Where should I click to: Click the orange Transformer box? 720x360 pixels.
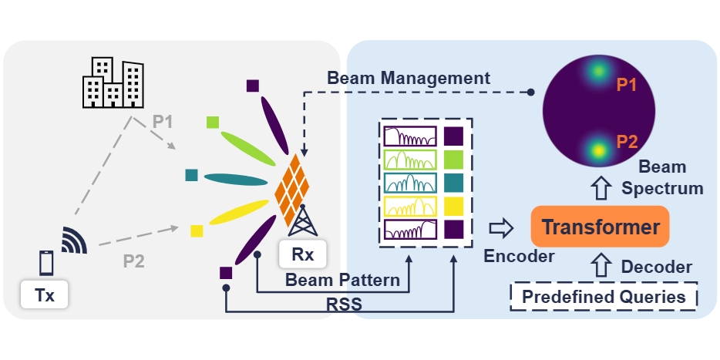pos(600,227)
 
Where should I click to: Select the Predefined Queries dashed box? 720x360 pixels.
pos(603,297)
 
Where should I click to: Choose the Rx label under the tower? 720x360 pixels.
pos(303,253)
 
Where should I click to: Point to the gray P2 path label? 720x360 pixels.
pos(134,261)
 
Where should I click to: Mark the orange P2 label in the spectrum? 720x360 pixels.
pos(626,142)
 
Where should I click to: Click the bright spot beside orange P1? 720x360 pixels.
pos(596,72)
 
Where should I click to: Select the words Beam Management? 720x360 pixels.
pos(409,78)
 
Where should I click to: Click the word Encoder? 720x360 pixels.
pos(519,257)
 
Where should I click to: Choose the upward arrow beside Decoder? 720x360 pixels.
pos(600,267)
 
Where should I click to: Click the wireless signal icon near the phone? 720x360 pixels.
pos(75,240)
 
